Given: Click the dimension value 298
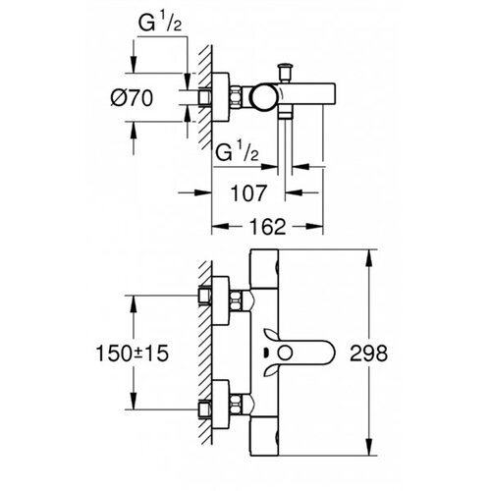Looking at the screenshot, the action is tap(368, 354).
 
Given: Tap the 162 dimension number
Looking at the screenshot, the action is tap(267, 227).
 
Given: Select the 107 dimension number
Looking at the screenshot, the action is tap(248, 193).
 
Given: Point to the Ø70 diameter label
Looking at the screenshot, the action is tap(132, 98).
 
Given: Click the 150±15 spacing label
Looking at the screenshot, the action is tap(133, 354).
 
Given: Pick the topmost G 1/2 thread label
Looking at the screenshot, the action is tap(160, 24).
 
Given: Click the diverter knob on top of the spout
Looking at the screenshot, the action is tap(284, 72).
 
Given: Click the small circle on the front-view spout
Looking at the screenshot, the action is tap(285, 354).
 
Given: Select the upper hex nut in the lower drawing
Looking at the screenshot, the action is tap(236, 300).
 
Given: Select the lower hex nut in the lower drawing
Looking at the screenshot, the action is tap(236, 405).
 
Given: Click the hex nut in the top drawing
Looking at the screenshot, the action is tap(236, 96).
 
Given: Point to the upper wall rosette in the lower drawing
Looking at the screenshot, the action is tap(221, 300).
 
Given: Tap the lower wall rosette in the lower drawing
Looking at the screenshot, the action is tap(221, 405).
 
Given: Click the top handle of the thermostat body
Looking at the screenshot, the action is tap(264, 269).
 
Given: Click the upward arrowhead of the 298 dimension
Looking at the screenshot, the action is tap(369, 258).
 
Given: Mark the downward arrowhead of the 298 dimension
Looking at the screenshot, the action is tap(369, 447).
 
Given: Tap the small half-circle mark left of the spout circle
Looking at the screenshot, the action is tap(266, 354).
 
